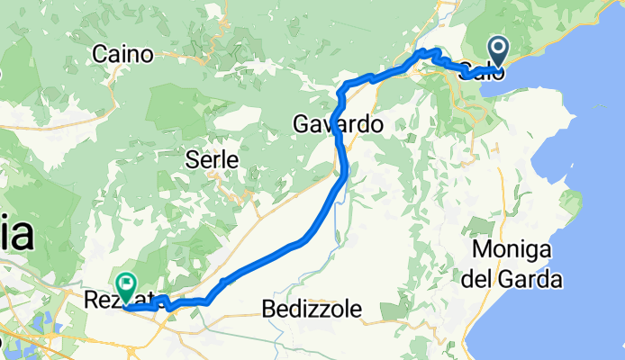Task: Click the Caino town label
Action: coord(129,54)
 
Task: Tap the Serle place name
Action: coord(212,159)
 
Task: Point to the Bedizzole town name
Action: coord(313,310)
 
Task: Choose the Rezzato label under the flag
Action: coord(112,301)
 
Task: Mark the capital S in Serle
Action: coord(191,159)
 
